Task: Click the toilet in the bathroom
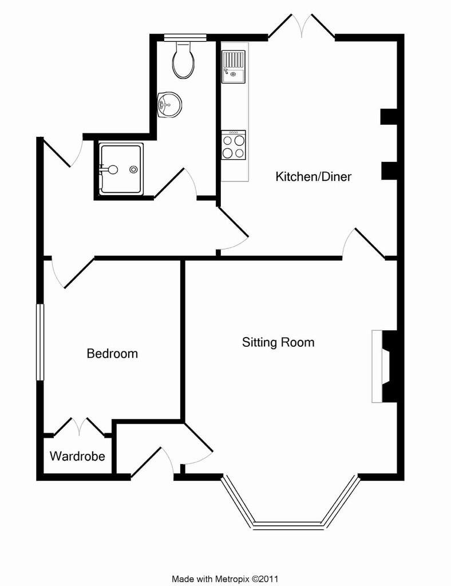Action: tap(184, 60)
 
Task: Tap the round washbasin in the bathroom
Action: tap(169, 105)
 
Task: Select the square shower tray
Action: tap(121, 169)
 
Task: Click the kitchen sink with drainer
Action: tap(233, 66)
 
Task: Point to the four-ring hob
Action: tap(234, 145)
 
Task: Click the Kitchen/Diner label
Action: tap(313, 176)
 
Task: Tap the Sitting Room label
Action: tap(278, 342)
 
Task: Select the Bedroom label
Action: tap(112, 353)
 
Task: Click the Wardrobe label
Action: tap(77, 456)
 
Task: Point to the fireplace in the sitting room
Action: tap(383, 366)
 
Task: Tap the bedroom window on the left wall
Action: tap(40, 342)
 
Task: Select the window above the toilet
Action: tap(185, 37)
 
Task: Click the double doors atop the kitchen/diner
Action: tap(301, 26)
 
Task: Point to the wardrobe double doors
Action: tap(79, 427)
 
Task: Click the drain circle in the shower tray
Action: tap(133, 169)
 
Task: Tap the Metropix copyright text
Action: tap(225, 579)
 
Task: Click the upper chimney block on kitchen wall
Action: tap(389, 116)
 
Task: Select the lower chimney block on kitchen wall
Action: tap(389, 171)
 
